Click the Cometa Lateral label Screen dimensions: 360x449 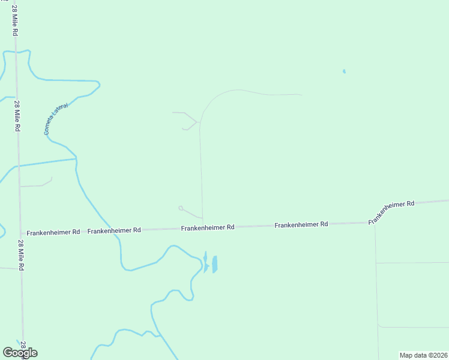(x=57, y=119)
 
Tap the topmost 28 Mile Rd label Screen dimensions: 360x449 (x=14, y=20)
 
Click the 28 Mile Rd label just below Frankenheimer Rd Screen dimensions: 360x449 (x=21, y=256)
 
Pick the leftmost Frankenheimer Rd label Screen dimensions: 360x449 (x=53, y=232)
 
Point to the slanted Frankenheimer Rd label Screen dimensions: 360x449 (x=391, y=212)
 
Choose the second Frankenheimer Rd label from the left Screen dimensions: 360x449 (x=114, y=230)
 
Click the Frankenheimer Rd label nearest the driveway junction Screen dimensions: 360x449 (x=208, y=228)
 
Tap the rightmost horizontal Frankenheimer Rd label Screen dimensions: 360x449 (x=301, y=224)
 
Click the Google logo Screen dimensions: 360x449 (x=20, y=353)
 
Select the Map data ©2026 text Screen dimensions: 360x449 (x=423, y=355)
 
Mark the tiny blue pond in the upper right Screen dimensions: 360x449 (x=344, y=71)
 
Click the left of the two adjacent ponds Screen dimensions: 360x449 (x=205, y=263)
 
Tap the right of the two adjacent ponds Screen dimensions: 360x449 (x=214, y=264)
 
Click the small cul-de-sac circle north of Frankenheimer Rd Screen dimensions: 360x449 (x=181, y=208)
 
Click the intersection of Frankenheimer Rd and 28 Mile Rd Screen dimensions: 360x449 (x=21, y=233)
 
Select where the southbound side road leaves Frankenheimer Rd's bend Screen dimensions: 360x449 (x=375, y=224)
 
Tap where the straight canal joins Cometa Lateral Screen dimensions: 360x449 (x=76, y=159)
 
